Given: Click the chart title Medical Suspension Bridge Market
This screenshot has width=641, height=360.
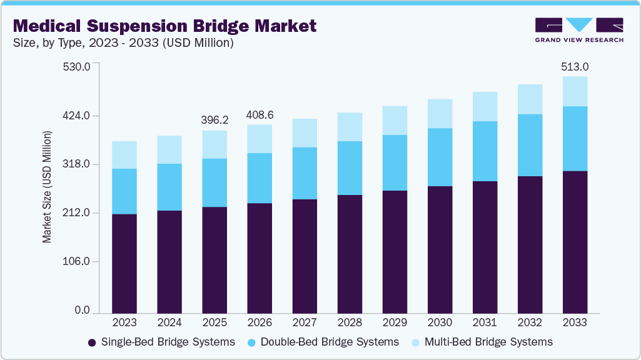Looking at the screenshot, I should click(164, 26).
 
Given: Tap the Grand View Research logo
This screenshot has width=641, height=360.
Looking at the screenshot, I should click(578, 30).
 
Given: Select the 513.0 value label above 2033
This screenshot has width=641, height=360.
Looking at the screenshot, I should click(575, 67).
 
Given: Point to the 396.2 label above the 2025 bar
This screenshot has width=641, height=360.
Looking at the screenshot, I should click(215, 119).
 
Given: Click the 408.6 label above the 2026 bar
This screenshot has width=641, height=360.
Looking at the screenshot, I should click(260, 115).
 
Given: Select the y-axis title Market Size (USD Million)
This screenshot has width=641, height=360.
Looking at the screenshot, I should click(47, 187).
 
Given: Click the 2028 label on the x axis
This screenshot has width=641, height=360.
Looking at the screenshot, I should click(350, 322).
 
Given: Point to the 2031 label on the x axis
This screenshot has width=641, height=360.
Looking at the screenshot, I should click(485, 322).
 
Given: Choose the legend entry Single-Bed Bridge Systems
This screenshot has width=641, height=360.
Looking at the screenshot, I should click(161, 342).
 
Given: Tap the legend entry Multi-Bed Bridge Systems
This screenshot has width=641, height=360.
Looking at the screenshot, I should click(482, 342).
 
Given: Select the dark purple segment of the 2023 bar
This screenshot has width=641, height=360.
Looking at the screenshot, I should click(124, 263).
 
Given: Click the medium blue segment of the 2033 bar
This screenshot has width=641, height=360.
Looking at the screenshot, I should click(575, 139).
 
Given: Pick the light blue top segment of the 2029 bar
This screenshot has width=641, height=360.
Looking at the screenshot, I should click(395, 121).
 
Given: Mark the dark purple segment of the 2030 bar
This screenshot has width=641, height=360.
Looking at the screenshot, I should click(440, 249).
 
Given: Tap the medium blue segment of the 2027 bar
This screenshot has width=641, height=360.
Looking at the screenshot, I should click(305, 173).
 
